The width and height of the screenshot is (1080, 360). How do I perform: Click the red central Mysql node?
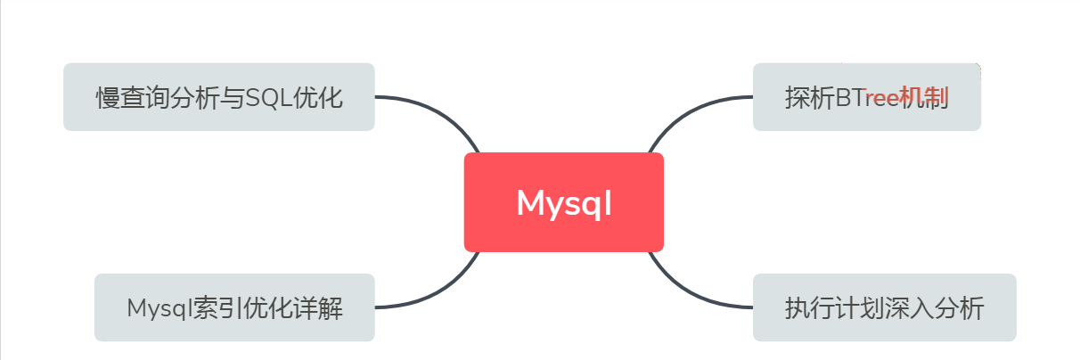point(563,202)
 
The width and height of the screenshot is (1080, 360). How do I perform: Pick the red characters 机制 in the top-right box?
point(924,97)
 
